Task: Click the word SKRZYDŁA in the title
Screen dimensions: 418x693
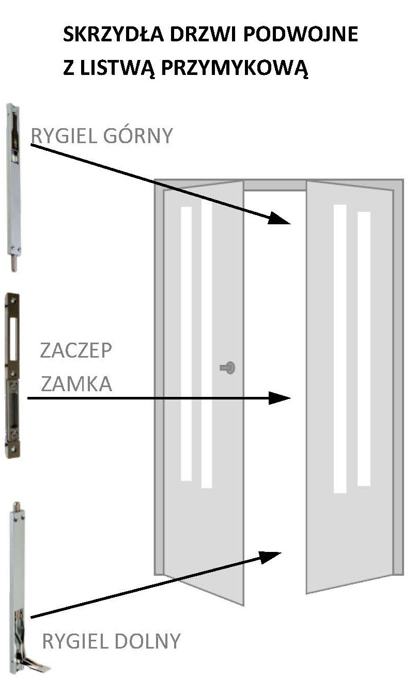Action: (x=113, y=34)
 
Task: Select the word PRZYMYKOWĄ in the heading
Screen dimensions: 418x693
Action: (x=235, y=69)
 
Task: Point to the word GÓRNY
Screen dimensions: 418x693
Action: (x=137, y=135)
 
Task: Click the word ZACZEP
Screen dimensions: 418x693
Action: (x=76, y=350)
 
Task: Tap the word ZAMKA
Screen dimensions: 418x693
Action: (x=76, y=383)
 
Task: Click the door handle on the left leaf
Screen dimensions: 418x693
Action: (x=227, y=368)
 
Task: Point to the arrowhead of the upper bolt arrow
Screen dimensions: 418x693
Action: (x=279, y=218)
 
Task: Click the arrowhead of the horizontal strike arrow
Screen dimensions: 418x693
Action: (x=280, y=398)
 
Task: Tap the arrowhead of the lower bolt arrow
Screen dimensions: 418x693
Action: (x=270, y=558)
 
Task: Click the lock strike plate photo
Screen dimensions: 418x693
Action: (x=12, y=375)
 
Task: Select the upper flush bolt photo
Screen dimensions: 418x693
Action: (x=13, y=188)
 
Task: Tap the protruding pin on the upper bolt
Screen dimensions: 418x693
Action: (x=14, y=263)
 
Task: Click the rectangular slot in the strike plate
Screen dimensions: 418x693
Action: (x=13, y=339)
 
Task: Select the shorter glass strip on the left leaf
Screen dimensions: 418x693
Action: (x=186, y=344)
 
